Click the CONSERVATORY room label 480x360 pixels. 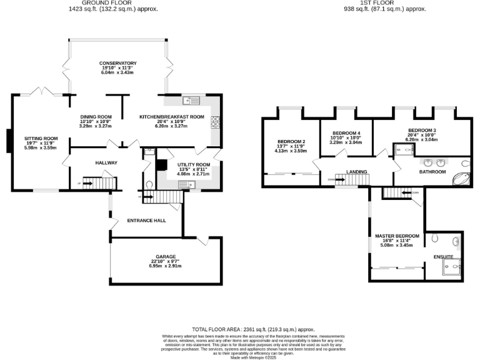tap(117, 63)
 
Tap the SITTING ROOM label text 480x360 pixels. tap(41, 138)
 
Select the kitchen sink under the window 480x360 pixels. tap(191, 101)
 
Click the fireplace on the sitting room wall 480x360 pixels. tap(8, 141)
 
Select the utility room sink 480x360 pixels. tap(186, 184)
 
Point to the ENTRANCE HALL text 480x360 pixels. tap(146, 221)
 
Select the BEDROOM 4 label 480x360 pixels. tap(346, 133)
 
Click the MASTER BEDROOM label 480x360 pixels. tap(397, 236)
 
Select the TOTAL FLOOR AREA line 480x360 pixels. tap(252, 329)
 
